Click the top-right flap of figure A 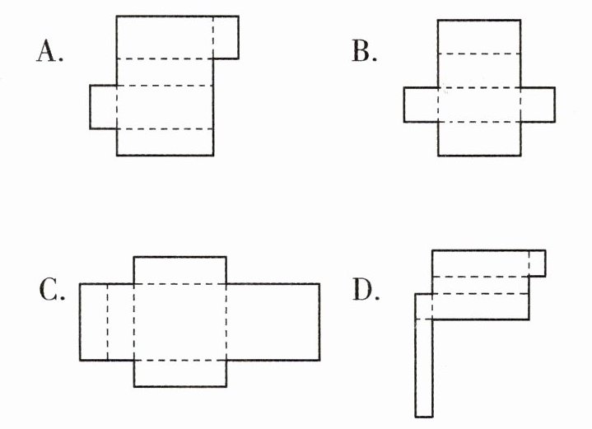click(226, 37)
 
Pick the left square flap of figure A click(103, 106)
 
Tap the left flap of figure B click(421, 105)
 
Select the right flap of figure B click(538, 105)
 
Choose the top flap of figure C click(179, 270)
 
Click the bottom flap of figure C click(179, 373)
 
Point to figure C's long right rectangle click(273, 322)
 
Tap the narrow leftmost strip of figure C click(94, 322)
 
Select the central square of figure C click(179, 322)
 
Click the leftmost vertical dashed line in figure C click(108, 322)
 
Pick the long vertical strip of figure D click(423, 362)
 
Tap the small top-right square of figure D click(537, 263)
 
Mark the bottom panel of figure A click(165, 142)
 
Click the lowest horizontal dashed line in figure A click(165, 129)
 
